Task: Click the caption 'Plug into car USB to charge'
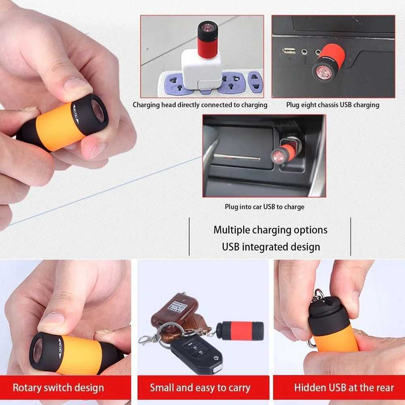[x=264, y=207]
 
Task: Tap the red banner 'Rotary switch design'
[x=58, y=388]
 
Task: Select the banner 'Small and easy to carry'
[x=200, y=388]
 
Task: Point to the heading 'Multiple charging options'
[x=271, y=230]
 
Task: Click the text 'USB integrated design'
[x=271, y=247]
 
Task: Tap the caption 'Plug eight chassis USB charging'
[x=333, y=105]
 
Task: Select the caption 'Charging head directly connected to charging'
[x=200, y=105]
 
